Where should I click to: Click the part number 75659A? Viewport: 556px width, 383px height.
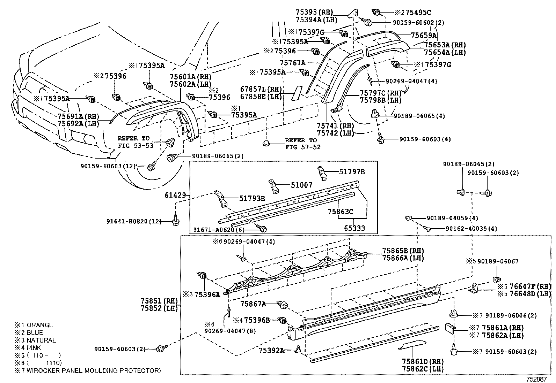(424, 35)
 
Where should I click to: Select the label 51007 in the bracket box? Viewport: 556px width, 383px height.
(301, 185)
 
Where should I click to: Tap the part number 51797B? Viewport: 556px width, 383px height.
(352, 171)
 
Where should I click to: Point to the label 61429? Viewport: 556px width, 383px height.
(175, 196)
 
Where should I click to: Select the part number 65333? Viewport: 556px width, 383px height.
(354, 228)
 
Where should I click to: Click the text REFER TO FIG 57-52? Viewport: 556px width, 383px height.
(301, 144)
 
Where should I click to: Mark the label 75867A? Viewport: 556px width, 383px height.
(253, 304)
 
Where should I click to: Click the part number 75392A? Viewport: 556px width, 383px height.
(271, 350)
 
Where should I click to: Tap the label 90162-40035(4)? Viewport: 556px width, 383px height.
(471, 229)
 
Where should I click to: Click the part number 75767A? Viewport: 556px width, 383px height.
(292, 63)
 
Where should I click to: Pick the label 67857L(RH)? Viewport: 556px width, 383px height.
(261, 89)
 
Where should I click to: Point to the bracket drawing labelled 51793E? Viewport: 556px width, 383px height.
(220, 199)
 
